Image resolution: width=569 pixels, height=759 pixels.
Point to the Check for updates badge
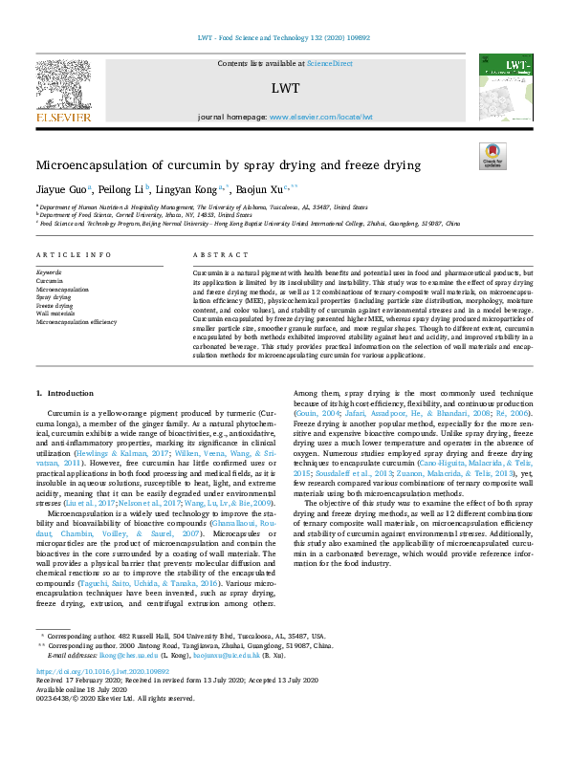(x=492, y=155)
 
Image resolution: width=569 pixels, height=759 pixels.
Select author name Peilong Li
(x=120, y=188)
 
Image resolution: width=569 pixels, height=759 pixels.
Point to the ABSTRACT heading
(x=213, y=256)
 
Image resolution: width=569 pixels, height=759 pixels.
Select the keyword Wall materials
(x=56, y=313)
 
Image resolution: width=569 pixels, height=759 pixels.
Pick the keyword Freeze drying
(x=55, y=305)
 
